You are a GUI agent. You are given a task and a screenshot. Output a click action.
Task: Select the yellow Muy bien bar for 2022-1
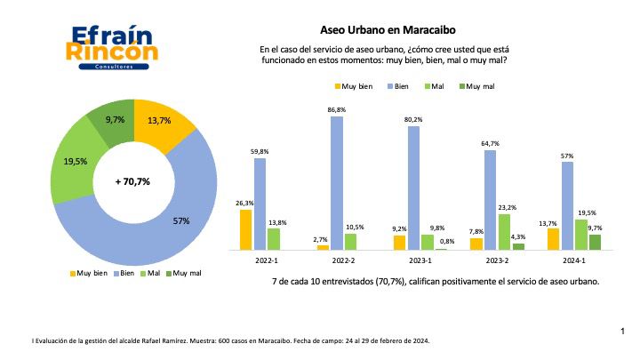coord(246,229)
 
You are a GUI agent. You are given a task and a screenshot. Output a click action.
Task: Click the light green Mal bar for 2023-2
coord(504,231)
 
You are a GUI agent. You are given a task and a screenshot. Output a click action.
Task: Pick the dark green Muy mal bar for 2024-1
coord(596,242)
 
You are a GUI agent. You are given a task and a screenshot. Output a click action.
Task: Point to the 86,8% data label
coord(337,109)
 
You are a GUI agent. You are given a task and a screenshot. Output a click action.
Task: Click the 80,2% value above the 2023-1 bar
coord(413,119)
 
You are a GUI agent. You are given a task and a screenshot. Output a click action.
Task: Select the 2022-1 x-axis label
coord(266,262)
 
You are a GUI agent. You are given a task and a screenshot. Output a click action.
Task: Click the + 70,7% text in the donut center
coord(133,181)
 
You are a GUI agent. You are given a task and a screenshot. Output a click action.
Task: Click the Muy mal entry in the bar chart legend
coord(480,86)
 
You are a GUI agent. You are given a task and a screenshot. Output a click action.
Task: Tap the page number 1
coord(623,331)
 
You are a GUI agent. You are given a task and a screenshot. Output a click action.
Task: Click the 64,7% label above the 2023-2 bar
coord(490,143)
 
